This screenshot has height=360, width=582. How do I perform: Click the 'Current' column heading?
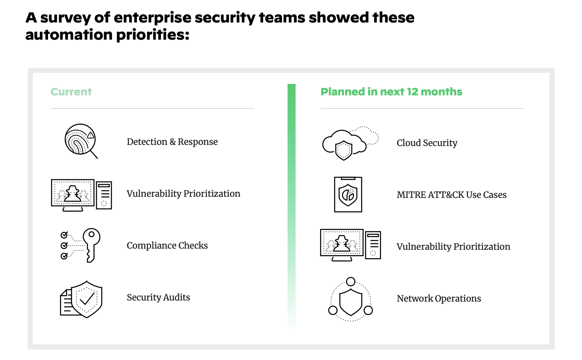point(71,92)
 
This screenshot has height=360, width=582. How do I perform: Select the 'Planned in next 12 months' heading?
point(391,92)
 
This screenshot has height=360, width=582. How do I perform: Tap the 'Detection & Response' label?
point(172,142)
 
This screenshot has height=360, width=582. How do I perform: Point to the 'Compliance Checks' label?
point(167,246)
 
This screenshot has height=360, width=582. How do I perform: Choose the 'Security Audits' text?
point(158,297)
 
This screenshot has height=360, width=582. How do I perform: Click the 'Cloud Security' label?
point(427,143)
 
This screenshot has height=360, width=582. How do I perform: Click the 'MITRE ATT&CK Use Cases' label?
point(452,195)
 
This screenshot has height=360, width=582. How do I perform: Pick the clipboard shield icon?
point(348,194)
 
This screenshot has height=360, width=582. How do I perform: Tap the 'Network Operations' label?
point(439,299)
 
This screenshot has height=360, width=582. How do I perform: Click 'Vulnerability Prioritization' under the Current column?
point(183,194)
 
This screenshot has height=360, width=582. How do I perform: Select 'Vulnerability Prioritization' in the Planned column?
point(453,247)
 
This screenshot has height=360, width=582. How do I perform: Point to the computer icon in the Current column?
point(81,194)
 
